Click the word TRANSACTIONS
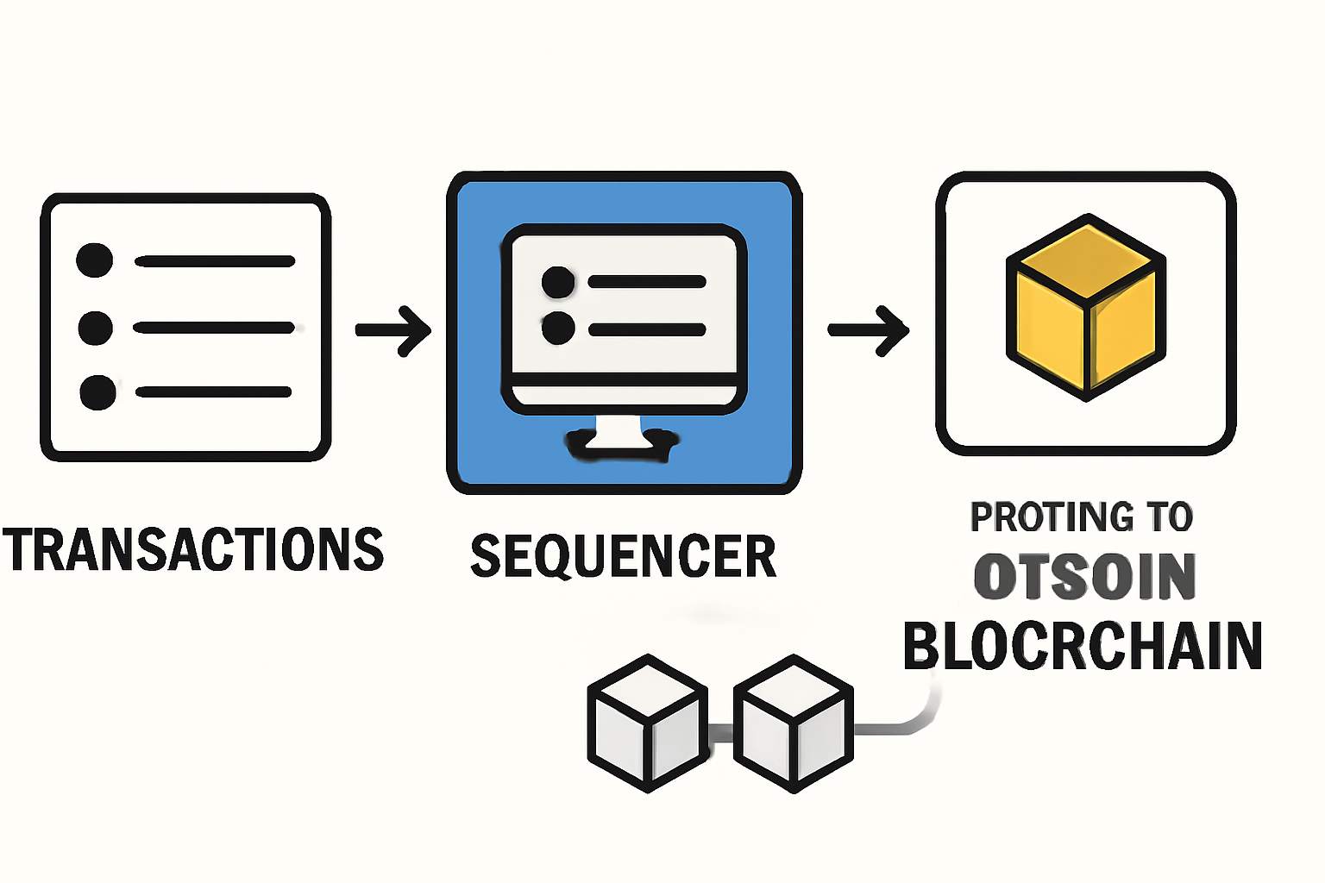tap(193, 550)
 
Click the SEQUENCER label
tap(623, 556)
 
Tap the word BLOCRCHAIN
tap(1082, 646)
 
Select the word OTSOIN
tap(1084, 577)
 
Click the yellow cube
tap(1086, 307)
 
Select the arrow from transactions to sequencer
tap(393, 329)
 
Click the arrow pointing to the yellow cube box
tap(868, 329)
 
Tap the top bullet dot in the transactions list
tap(95, 260)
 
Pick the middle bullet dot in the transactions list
tap(95, 328)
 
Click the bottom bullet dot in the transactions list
tap(97, 392)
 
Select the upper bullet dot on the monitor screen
tap(558, 282)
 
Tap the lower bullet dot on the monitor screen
tap(558, 329)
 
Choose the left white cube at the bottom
tap(647, 723)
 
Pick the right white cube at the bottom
tap(793, 723)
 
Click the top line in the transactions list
tap(215, 260)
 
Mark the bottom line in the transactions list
tap(213, 392)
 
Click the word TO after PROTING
tap(1169, 517)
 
